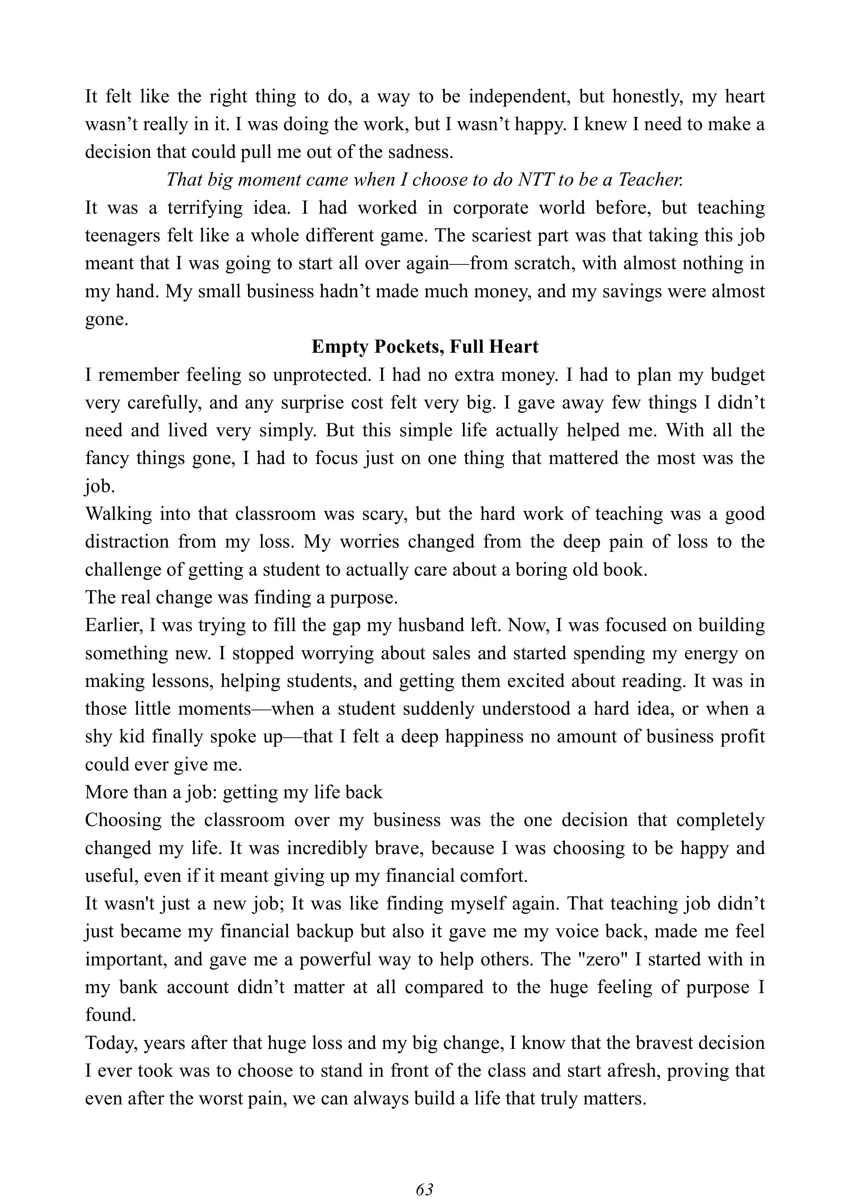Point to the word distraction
point(127,541)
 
